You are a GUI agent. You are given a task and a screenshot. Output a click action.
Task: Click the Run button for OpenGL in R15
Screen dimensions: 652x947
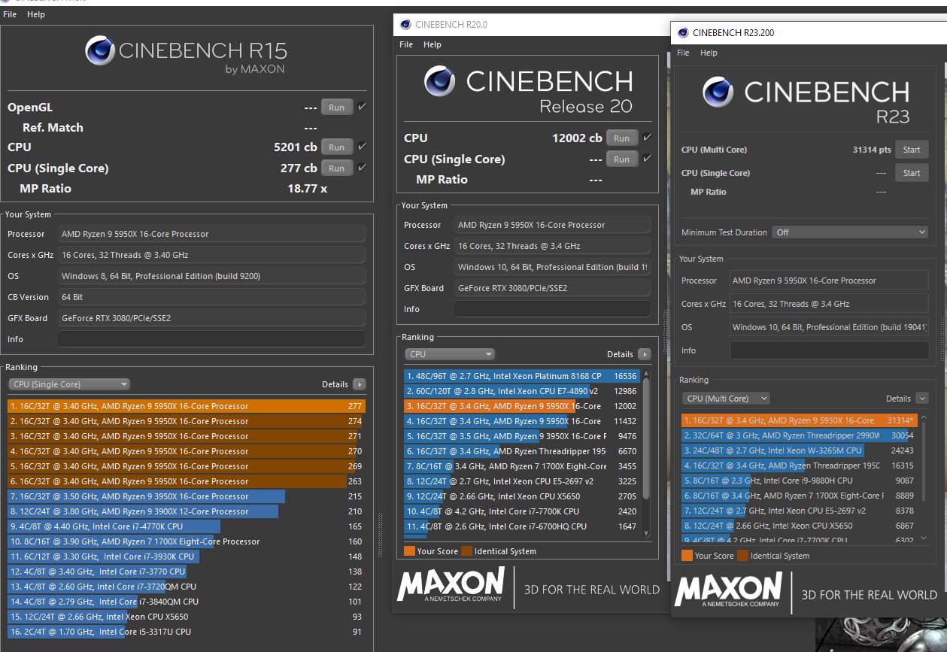336,108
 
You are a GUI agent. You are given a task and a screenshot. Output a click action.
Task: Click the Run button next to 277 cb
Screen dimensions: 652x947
336,168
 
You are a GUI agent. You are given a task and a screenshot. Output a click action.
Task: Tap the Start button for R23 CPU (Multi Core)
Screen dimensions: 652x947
912,150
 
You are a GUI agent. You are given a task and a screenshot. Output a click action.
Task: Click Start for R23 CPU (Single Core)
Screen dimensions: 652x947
912,173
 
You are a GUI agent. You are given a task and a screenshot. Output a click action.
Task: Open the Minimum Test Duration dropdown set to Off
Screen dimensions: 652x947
850,232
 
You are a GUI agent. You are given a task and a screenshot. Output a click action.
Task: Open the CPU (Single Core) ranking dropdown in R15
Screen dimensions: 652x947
69,384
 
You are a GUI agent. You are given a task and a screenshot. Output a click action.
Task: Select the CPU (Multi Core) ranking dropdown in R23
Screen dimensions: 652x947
725,399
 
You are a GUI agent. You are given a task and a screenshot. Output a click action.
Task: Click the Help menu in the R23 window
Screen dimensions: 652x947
709,53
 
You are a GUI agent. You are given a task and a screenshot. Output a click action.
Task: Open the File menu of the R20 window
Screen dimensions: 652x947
406,44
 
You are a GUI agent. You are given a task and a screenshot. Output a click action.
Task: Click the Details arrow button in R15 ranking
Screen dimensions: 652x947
359,384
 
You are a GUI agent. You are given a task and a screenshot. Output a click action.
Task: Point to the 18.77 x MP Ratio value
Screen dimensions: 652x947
307,189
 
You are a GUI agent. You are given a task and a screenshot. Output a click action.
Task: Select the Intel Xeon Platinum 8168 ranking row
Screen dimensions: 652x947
504,376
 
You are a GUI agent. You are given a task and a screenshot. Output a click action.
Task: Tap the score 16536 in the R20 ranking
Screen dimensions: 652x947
625,376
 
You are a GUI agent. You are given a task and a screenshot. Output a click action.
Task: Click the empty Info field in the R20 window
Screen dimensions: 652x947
552,309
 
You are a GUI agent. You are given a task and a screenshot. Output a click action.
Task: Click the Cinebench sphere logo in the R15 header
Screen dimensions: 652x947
100,50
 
